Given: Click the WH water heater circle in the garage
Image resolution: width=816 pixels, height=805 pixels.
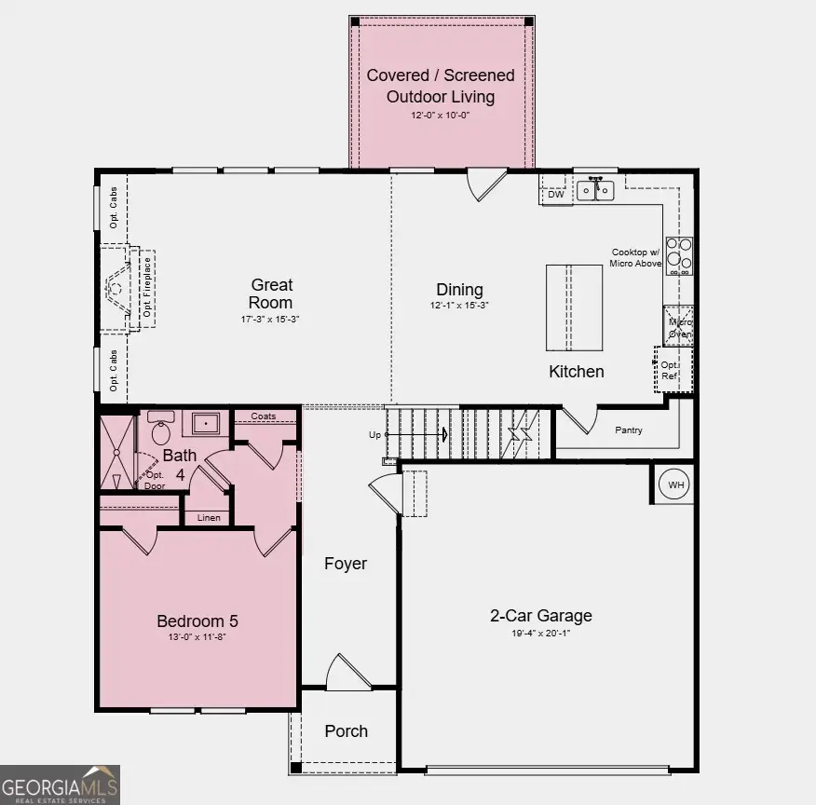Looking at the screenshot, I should click(673, 484).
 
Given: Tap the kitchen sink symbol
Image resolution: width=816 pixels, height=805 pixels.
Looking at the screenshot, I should click(595, 190).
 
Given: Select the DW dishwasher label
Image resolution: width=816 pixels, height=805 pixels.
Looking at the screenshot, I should click(555, 195).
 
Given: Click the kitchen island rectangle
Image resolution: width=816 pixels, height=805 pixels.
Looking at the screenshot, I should click(574, 307).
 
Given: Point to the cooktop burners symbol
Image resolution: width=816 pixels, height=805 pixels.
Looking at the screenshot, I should click(679, 255).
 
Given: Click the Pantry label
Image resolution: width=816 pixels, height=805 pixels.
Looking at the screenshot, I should click(630, 430).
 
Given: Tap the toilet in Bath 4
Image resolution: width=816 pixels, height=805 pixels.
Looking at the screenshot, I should click(161, 430).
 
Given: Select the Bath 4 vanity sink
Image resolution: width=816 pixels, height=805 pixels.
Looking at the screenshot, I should click(206, 424).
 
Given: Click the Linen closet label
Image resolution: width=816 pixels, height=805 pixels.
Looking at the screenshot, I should click(208, 517).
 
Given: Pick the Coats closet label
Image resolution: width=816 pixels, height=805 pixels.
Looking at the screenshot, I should click(264, 416).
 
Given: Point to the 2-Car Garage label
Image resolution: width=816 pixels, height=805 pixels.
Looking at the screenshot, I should click(541, 615).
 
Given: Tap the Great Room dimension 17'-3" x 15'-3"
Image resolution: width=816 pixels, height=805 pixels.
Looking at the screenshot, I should click(270, 319).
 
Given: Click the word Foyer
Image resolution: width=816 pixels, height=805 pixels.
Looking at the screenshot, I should click(346, 564).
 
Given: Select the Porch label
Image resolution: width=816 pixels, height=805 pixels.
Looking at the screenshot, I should click(346, 731).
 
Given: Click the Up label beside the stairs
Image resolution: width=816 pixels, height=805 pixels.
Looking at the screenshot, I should click(375, 435).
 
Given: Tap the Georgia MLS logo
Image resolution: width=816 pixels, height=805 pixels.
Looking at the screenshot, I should click(60, 785).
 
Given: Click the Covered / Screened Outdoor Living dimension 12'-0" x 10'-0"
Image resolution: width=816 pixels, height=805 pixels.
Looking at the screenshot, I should click(441, 116).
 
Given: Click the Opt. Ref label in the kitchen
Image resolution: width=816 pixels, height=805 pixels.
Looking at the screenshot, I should click(669, 370).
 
